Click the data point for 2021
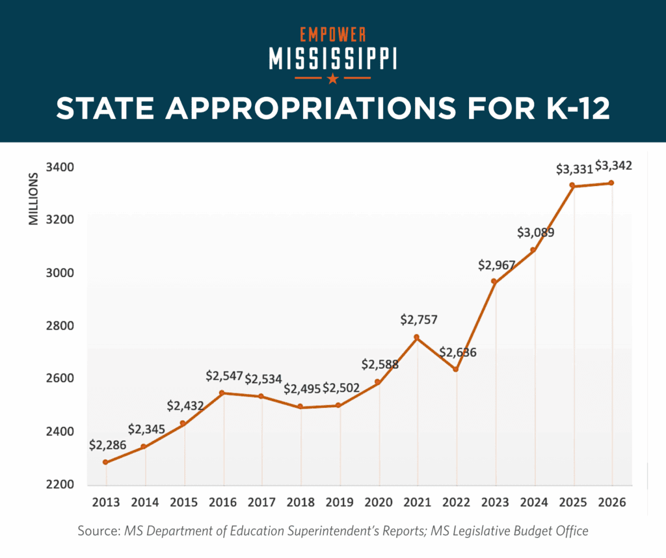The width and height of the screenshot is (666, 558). coord(417,338)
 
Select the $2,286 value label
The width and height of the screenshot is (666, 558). coord(107,446)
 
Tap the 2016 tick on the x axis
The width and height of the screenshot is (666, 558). coord(224,501)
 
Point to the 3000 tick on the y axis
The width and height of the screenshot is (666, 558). coord(60,272)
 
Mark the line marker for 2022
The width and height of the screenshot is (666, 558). coord(456,369)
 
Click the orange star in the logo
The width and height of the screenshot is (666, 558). coord(333,79)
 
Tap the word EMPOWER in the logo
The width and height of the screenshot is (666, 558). coord(333,34)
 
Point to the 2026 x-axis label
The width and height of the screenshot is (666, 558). coord(612,501)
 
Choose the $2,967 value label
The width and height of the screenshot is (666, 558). coord(496,265)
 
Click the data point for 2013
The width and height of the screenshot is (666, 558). coord(105,462)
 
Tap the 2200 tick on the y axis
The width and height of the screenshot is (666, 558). coord(60,485)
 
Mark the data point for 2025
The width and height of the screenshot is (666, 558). coord(572,186)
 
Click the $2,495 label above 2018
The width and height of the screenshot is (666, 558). coord(302,390)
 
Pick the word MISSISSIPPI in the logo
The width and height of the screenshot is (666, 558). coord(333,58)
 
